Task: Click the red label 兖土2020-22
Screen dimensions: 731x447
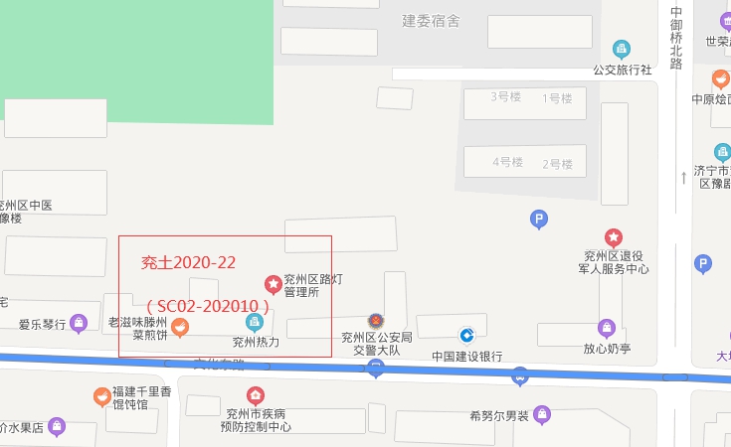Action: pyautogui.click(x=188, y=263)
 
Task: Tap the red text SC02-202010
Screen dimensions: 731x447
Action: pyautogui.click(x=207, y=305)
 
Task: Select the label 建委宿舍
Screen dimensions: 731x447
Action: pyautogui.click(x=431, y=21)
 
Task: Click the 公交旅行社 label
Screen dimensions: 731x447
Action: pyautogui.click(x=622, y=70)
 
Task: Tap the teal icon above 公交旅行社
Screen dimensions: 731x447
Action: pyautogui.click(x=622, y=49)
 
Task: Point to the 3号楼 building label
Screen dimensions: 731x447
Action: pyautogui.click(x=506, y=97)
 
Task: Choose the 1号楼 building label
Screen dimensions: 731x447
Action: pyautogui.click(x=557, y=97)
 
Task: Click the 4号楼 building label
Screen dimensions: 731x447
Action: pyautogui.click(x=506, y=162)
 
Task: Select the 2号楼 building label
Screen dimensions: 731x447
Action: pyautogui.click(x=557, y=163)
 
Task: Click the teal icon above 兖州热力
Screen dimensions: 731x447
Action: pyautogui.click(x=255, y=321)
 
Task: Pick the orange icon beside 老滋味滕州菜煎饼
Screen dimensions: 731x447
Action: pyautogui.click(x=180, y=326)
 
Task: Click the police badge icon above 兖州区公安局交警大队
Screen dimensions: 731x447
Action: pyautogui.click(x=376, y=321)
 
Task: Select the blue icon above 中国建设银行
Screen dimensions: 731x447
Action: pyautogui.click(x=465, y=336)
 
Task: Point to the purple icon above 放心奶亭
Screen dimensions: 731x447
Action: pyautogui.click(x=607, y=328)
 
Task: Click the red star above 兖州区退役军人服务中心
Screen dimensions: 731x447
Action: pyautogui.click(x=614, y=237)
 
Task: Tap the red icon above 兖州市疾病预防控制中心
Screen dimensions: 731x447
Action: pyautogui.click(x=256, y=395)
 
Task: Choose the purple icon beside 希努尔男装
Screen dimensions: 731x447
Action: pyautogui.click(x=542, y=414)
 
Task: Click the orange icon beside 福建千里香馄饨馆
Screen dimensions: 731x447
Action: pyautogui.click(x=101, y=396)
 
